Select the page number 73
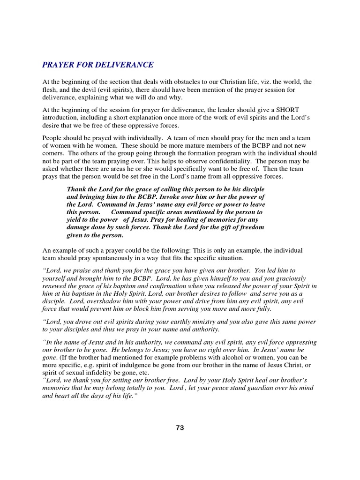[180, 427]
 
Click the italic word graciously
[287, 278]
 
